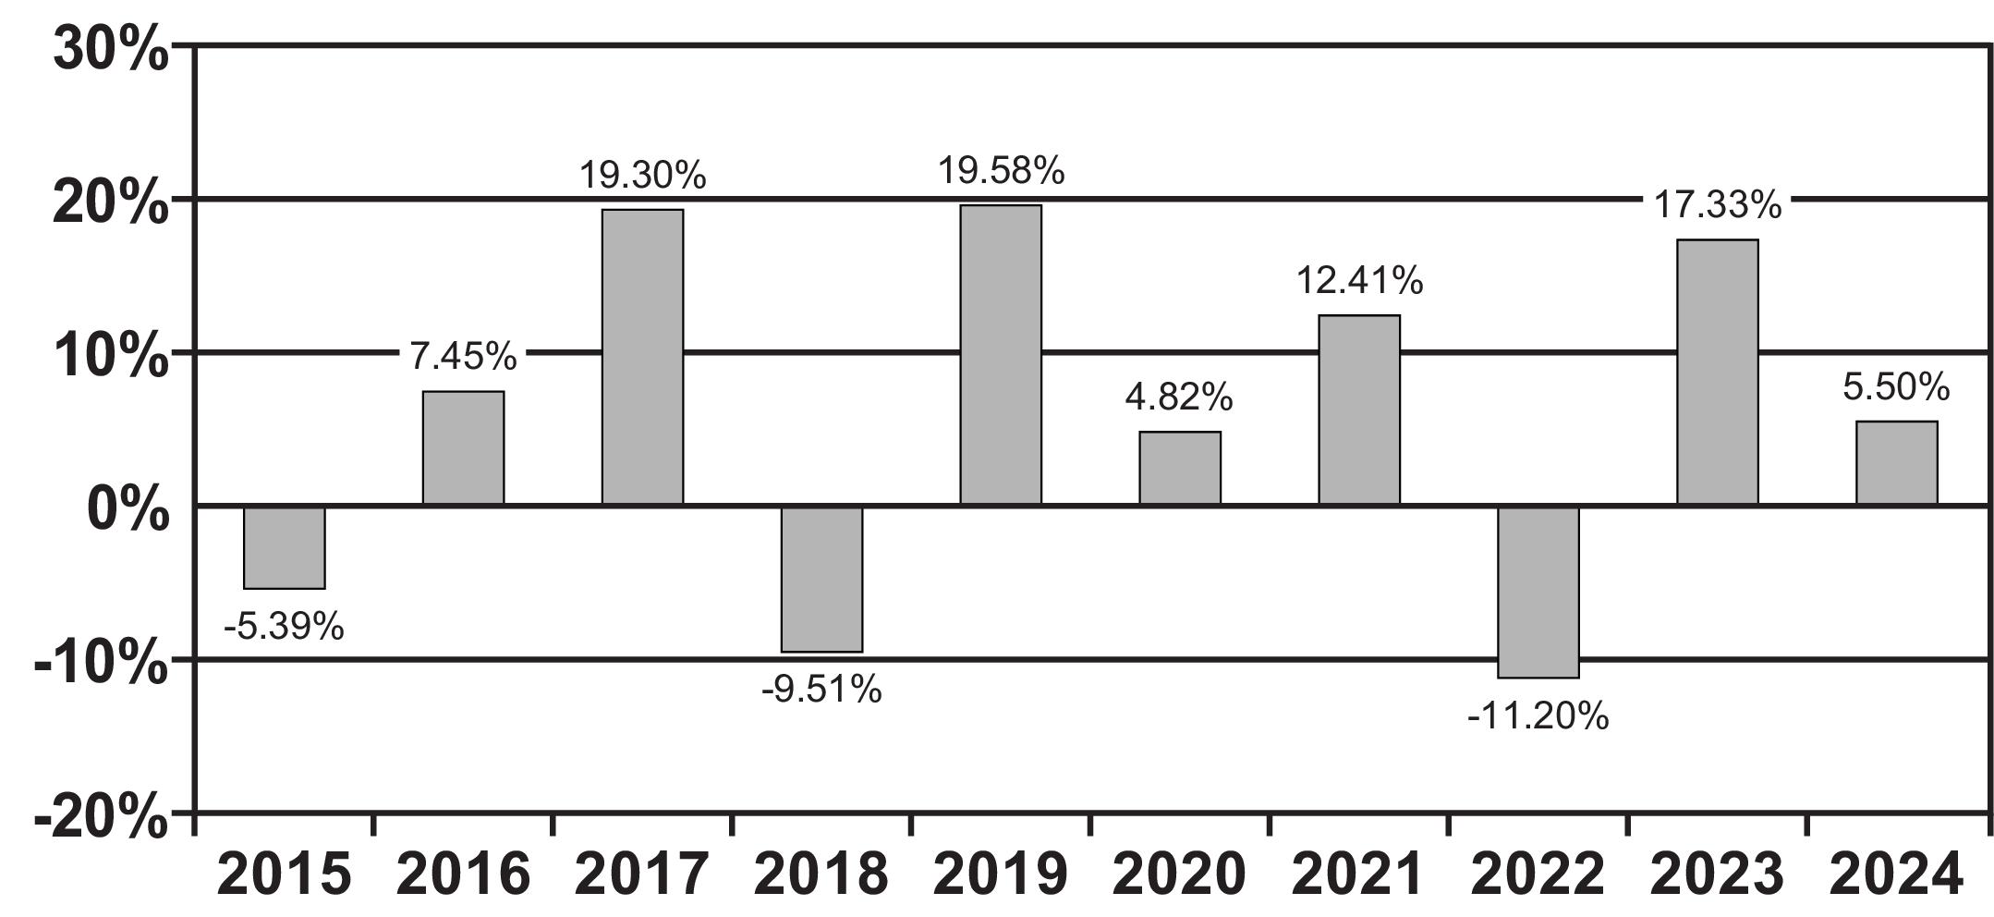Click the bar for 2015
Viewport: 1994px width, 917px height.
(x=285, y=547)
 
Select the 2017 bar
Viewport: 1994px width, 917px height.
(x=643, y=357)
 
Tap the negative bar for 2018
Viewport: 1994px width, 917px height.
(x=822, y=579)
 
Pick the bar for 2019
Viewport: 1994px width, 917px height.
(x=1001, y=355)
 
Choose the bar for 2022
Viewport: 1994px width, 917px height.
(x=1538, y=592)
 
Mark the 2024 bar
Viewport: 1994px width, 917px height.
(x=1897, y=463)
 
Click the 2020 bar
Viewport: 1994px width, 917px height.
(x=1180, y=469)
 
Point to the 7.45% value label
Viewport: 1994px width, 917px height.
(x=463, y=356)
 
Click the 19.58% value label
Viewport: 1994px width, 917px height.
(x=1002, y=171)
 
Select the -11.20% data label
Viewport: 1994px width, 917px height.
(x=1538, y=716)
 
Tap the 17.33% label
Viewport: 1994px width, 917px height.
(x=1718, y=204)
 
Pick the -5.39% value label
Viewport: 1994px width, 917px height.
(x=284, y=628)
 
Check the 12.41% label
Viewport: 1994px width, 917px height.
(x=1359, y=280)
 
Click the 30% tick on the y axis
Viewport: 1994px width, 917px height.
(x=111, y=48)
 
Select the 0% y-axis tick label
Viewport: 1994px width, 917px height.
(x=128, y=508)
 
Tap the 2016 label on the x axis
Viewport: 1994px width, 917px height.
(x=463, y=874)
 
